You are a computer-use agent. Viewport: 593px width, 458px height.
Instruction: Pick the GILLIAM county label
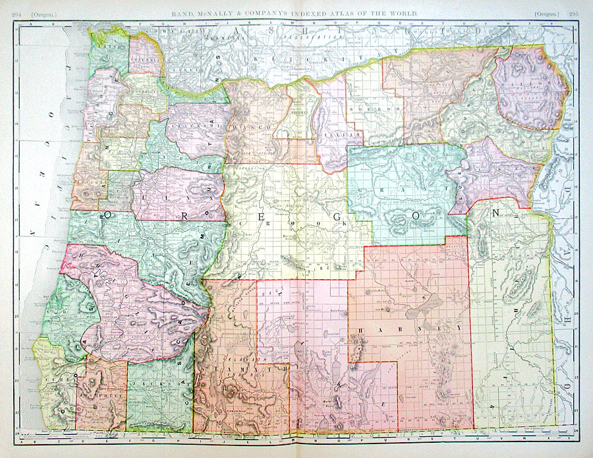click(x=331, y=134)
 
